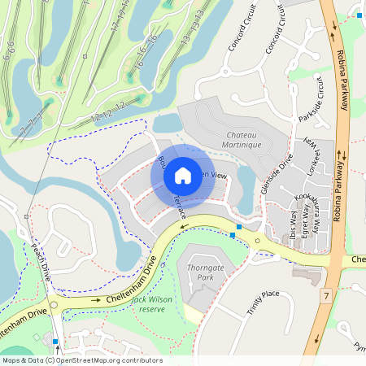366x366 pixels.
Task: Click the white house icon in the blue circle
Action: pyautogui.click(x=183, y=175)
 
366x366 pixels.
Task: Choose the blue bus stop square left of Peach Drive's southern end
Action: pyautogui.click(x=55, y=342)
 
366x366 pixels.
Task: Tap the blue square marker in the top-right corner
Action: pyautogui.click(x=359, y=15)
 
